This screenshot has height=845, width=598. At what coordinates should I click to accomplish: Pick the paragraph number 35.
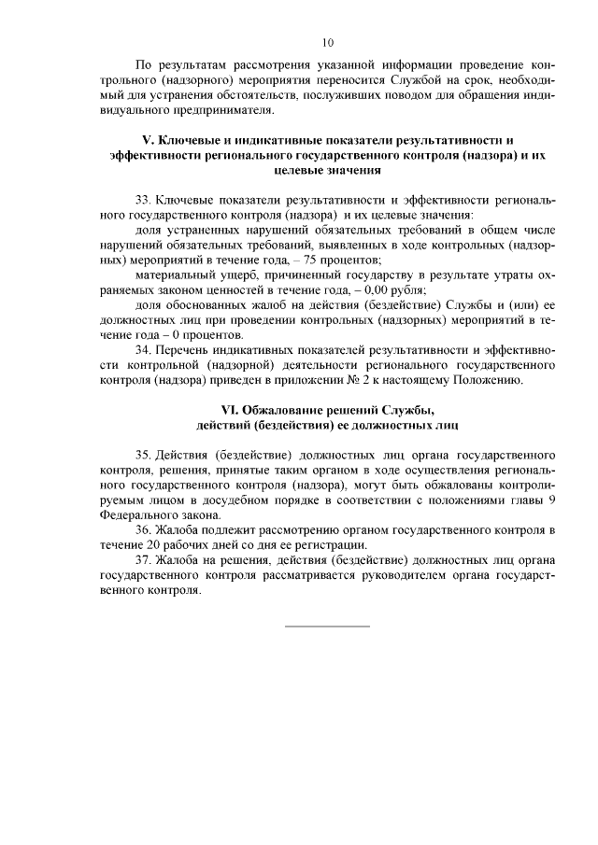(x=143, y=455)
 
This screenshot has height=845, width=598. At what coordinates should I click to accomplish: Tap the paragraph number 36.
(x=143, y=529)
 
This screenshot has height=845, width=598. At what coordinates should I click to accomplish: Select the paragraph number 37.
(x=143, y=560)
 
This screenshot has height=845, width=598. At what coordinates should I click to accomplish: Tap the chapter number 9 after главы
(x=552, y=500)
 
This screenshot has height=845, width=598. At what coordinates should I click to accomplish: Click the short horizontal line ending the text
(x=327, y=625)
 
